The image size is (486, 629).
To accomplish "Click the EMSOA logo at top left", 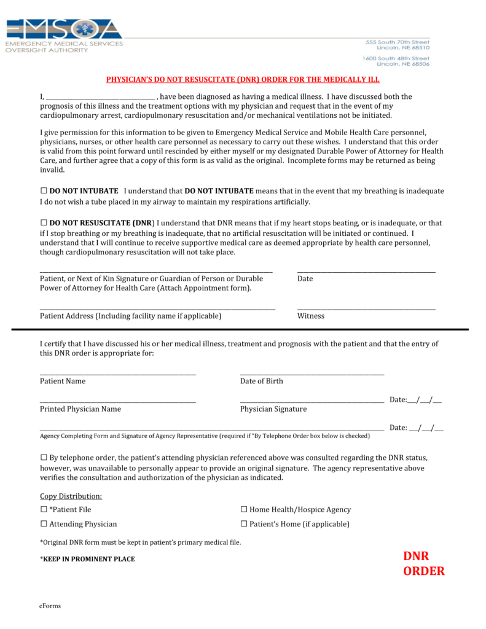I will (x=64, y=36).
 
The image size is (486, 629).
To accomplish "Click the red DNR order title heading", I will (x=243, y=80).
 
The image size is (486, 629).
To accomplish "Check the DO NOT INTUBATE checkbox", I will (x=44, y=191).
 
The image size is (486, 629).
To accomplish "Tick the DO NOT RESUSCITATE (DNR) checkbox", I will (x=44, y=223).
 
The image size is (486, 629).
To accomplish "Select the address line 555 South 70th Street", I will (x=398, y=42).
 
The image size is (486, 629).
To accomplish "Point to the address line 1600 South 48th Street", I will (x=396, y=58).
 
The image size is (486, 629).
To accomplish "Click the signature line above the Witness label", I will (x=366, y=308).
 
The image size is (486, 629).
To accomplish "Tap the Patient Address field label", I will (x=130, y=316).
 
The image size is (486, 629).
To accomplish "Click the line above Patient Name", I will (x=118, y=373).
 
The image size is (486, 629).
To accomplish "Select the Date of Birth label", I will (x=262, y=381).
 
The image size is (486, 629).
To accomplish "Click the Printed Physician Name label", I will (x=80, y=409).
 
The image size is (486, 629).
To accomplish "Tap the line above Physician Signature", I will (x=312, y=402).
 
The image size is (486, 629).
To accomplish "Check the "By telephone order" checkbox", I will (x=44, y=458).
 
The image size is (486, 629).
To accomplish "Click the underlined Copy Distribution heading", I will (x=71, y=496).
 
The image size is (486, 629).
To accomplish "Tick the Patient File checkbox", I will (x=44, y=509).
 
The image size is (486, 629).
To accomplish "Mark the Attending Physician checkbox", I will (x=44, y=524).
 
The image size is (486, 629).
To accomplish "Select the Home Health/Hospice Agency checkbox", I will (x=244, y=509).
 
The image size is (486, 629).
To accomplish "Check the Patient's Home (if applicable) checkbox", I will (x=244, y=524).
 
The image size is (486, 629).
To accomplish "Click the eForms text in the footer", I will (x=50, y=606).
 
